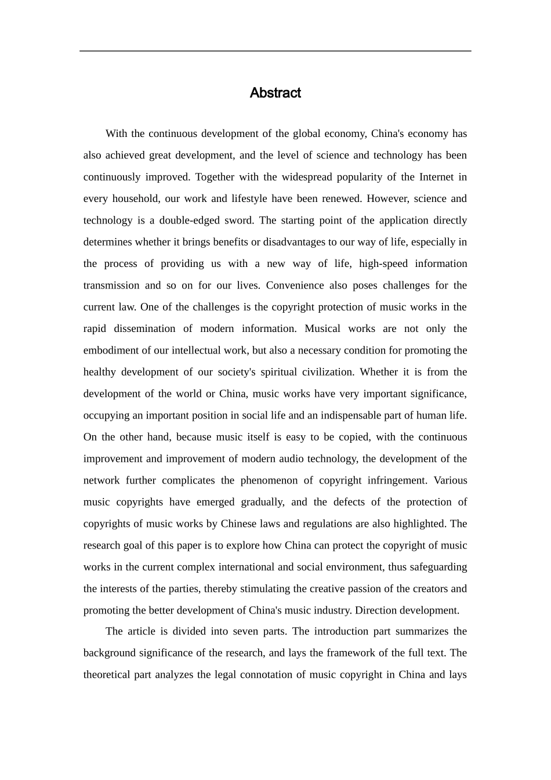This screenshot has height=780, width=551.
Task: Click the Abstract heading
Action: (x=275, y=93)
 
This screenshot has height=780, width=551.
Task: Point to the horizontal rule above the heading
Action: (x=275, y=51)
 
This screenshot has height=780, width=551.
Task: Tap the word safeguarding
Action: (x=438, y=567)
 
